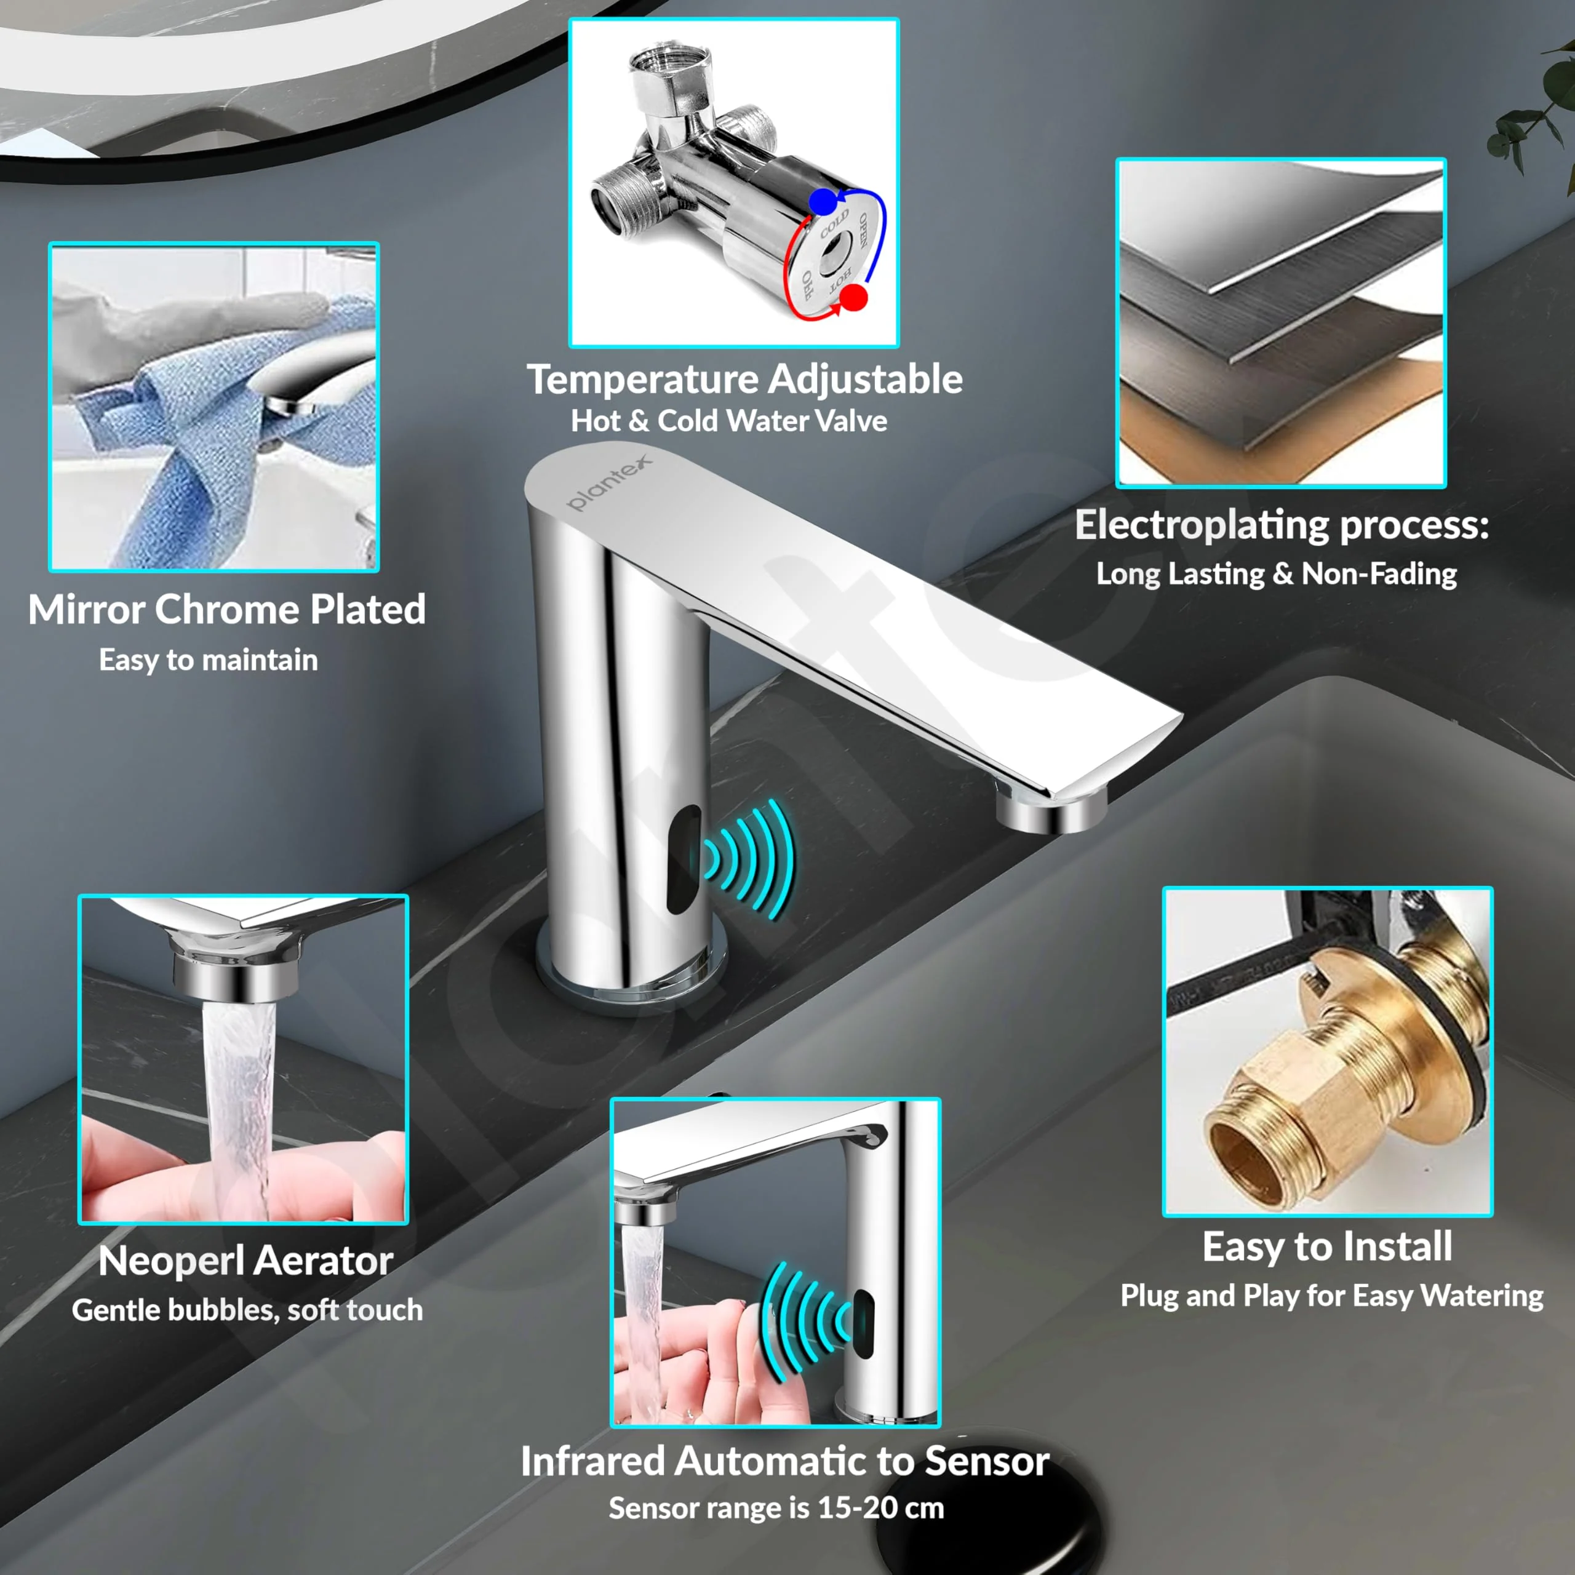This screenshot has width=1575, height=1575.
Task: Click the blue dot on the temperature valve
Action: click(x=823, y=201)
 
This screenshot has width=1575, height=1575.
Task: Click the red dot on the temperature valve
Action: click(x=853, y=297)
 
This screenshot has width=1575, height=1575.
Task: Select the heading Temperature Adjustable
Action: click(x=744, y=380)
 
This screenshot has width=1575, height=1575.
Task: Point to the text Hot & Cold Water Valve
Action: click(x=729, y=421)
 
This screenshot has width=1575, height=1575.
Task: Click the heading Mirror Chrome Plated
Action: click(x=226, y=610)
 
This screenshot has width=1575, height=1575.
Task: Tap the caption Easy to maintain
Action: click(x=208, y=660)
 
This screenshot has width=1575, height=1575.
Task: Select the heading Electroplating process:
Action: click(x=1282, y=524)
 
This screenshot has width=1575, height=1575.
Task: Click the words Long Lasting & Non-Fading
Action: click(x=1276, y=574)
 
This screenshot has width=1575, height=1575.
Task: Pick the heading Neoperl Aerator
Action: click(x=245, y=1261)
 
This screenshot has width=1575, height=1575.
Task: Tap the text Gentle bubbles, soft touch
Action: click(x=247, y=1309)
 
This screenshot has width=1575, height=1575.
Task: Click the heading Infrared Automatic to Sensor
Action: click(x=784, y=1460)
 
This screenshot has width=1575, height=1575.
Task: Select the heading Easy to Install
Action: click(x=1327, y=1246)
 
